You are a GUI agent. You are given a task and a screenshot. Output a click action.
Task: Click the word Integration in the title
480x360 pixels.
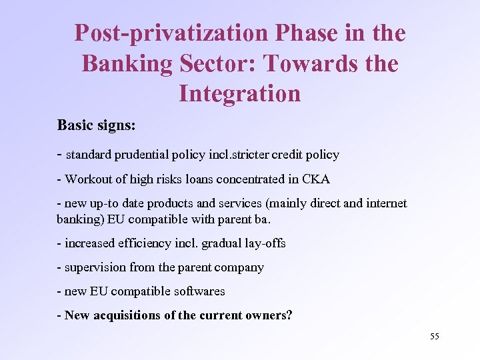[x=240, y=93]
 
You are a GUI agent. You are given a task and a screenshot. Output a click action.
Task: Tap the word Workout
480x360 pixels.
[x=88, y=179]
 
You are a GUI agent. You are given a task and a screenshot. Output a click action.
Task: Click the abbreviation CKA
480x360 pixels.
[x=316, y=179]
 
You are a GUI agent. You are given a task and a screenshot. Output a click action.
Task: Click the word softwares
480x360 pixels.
[x=200, y=291]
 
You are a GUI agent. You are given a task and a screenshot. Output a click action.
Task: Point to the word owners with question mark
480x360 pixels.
[x=269, y=315]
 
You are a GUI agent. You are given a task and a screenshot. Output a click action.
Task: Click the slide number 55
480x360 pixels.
[x=434, y=337]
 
